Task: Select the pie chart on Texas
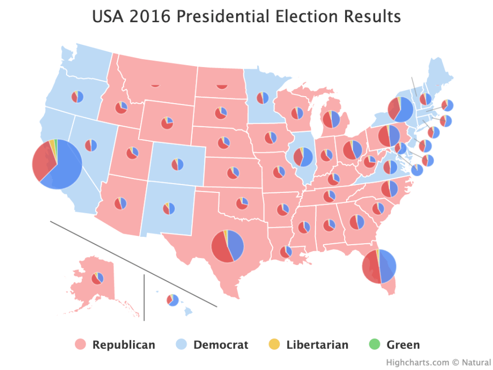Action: [x=227, y=246]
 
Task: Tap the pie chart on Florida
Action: [x=379, y=266]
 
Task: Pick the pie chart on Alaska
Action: [x=98, y=278]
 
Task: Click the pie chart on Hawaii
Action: [x=173, y=300]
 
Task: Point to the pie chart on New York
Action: [x=400, y=110]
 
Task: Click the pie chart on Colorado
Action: [x=177, y=164]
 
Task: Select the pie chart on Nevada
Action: [x=91, y=145]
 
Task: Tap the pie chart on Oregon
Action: [x=77, y=97]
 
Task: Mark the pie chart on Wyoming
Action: [x=167, y=122]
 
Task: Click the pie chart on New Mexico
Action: [x=169, y=209]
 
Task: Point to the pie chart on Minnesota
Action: [x=263, y=98]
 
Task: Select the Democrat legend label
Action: [x=221, y=345]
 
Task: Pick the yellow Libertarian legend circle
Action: [x=275, y=345]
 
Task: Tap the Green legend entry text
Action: [x=403, y=345]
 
